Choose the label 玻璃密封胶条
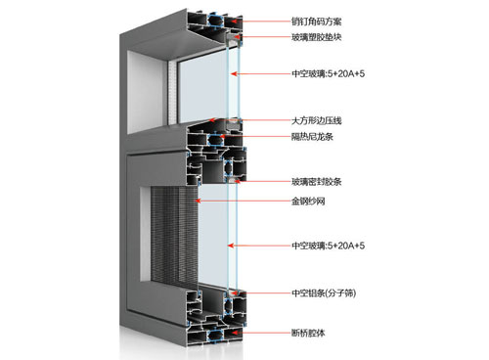pos(323,181)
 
